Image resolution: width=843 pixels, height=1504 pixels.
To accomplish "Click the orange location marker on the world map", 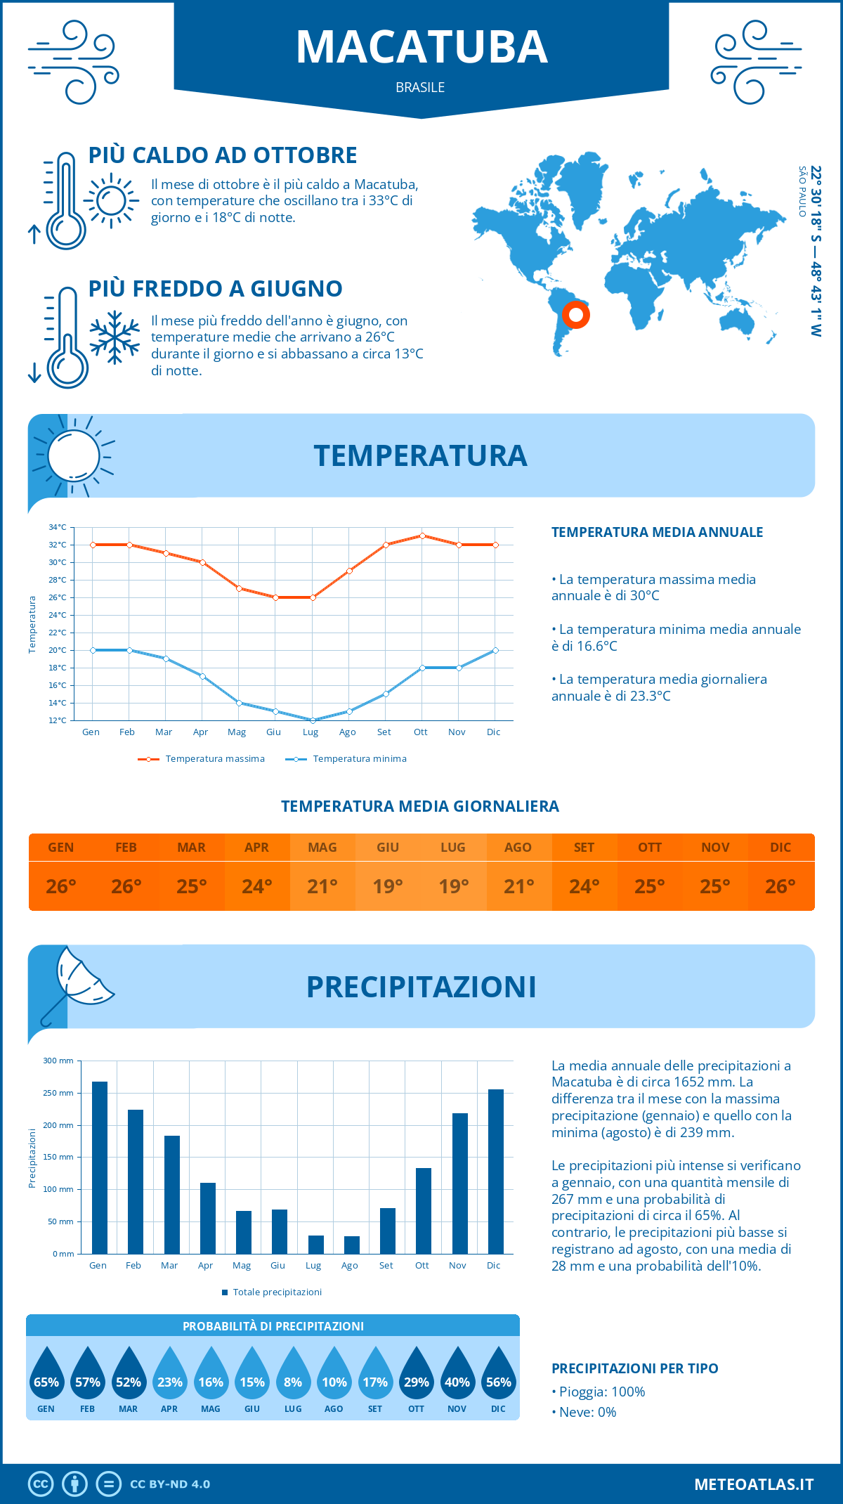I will [576, 314].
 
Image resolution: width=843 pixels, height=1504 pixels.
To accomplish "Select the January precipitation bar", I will [100, 1167].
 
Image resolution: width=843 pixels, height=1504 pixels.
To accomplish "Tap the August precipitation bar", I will [352, 1245].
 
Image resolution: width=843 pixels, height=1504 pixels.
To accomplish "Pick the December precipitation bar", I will [496, 1172].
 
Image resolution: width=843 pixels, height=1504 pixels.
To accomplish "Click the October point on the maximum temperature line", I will [422, 536].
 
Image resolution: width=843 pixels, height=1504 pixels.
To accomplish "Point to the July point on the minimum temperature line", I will [313, 720].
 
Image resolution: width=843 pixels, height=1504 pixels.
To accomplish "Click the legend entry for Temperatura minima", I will [347, 759].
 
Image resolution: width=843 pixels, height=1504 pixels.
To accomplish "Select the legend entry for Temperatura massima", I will [202, 759].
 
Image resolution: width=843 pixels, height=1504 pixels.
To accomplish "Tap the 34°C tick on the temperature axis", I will [58, 527].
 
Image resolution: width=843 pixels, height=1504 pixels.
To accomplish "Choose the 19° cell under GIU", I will [388, 886].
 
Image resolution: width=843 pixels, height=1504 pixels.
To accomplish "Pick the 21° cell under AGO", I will [518, 886].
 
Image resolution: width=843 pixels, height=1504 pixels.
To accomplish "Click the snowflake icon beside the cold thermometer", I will [115, 337].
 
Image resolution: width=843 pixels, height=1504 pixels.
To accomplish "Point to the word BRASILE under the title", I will [420, 87].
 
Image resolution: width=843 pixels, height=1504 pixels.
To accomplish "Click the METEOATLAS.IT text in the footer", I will [754, 1484].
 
